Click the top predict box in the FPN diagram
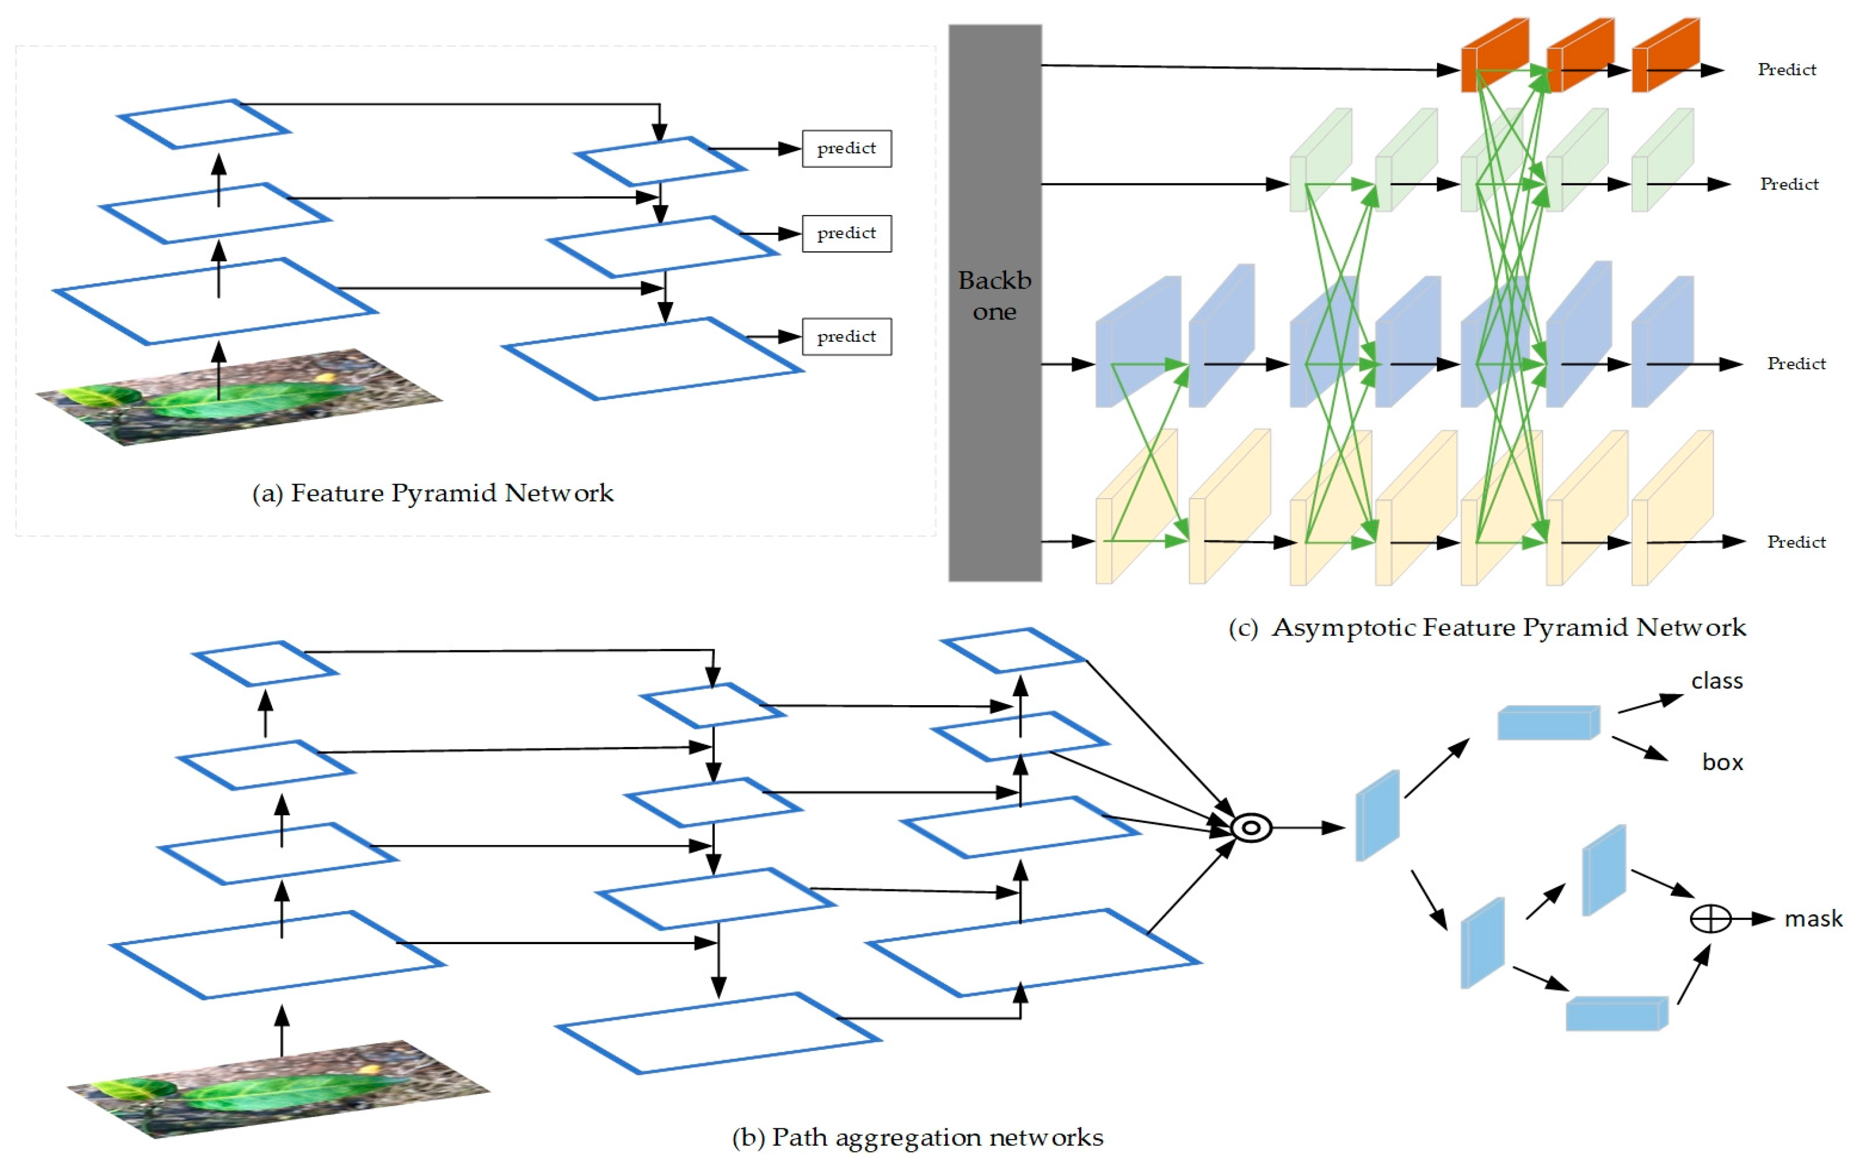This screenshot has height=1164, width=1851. click(x=847, y=148)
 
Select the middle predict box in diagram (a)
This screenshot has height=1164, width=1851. click(x=847, y=233)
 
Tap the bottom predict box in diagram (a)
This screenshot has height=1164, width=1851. click(x=847, y=336)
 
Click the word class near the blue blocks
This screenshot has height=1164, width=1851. click(x=1716, y=681)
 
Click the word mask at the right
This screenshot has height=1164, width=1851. click(x=1813, y=919)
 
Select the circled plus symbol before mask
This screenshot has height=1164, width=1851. click(x=1710, y=919)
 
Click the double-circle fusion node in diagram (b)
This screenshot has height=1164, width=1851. click(x=1251, y=828)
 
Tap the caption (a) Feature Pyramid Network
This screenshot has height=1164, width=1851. click(x=433, y=493)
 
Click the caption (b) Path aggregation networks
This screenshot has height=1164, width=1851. click(x=917, y=1137)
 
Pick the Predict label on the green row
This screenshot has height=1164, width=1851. click(x=1789, y=184)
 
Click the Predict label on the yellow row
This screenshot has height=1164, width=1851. click(x=1796, y=542)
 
